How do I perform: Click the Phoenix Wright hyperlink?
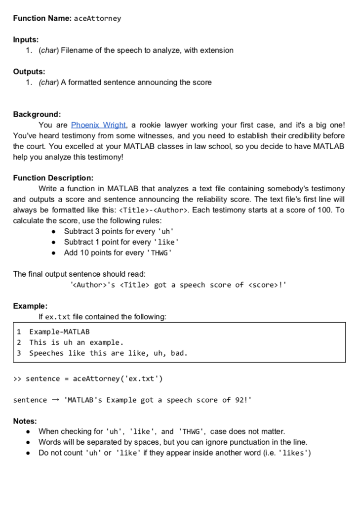(99, 125)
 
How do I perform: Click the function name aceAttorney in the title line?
(97, 19)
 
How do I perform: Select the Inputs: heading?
(26, 40)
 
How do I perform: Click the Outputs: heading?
(29, 72)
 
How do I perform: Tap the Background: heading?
(37, 114)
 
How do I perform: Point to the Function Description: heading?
(53, 178)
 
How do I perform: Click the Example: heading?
(30, 306)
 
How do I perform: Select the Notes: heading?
(25, 421)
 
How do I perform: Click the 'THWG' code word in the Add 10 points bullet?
(160, 253)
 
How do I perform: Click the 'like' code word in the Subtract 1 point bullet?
(167, 242)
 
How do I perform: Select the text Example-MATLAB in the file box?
(59, 332)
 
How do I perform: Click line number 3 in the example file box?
(19, 353)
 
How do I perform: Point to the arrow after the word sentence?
(55, 400)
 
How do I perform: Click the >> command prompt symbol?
(17, 379)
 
